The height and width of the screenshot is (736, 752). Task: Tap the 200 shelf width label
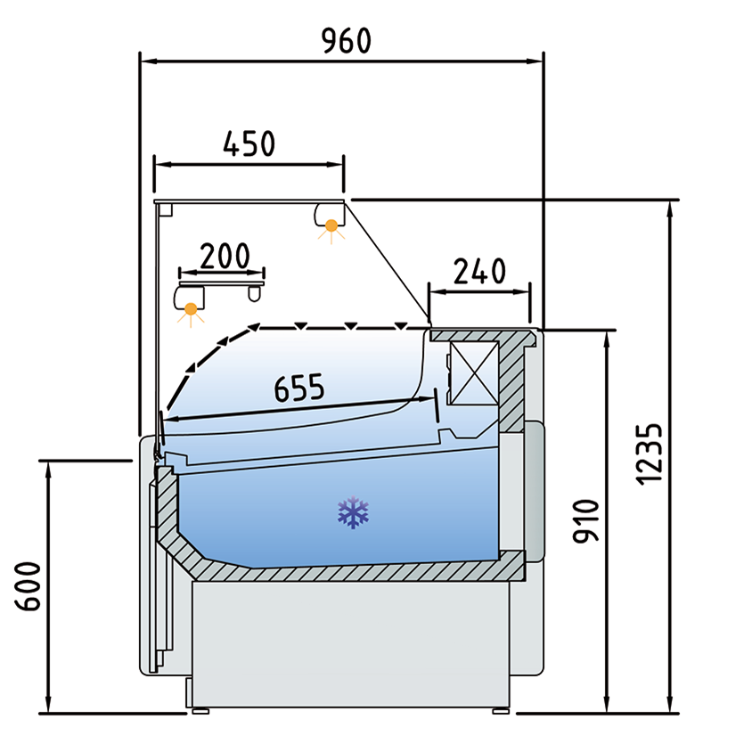223,256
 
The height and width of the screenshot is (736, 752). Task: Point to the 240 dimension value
479,270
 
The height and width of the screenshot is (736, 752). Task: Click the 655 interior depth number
299,388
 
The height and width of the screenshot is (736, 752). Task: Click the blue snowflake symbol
353,513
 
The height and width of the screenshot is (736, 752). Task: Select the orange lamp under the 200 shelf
191,310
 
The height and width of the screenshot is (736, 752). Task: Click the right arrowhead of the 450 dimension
338,164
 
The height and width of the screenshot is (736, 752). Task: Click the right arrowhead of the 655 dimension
433,399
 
